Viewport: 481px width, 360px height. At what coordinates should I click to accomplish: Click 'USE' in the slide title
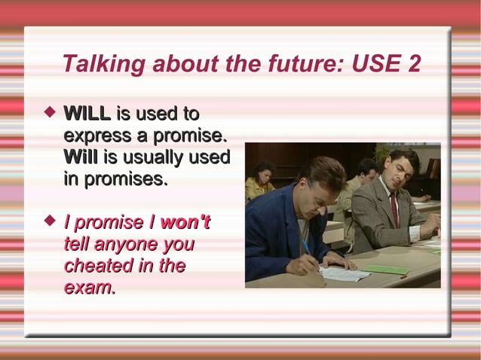(375, 66)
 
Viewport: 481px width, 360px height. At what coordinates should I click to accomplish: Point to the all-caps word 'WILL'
(87, 114)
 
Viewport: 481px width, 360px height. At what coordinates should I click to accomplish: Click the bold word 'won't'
(185, 223)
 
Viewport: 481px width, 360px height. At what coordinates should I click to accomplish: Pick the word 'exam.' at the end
(90, 288)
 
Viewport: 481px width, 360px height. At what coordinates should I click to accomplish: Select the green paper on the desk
(384, 269)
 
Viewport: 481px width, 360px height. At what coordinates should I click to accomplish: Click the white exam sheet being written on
(343, 273)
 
